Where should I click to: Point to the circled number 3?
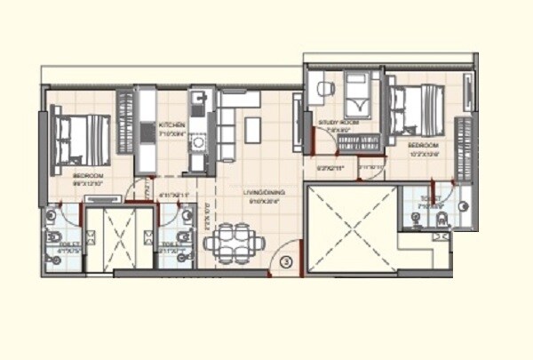coord(286,261)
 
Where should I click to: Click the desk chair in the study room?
coord(323,89)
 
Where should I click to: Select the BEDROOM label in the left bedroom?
coord(89,177)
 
